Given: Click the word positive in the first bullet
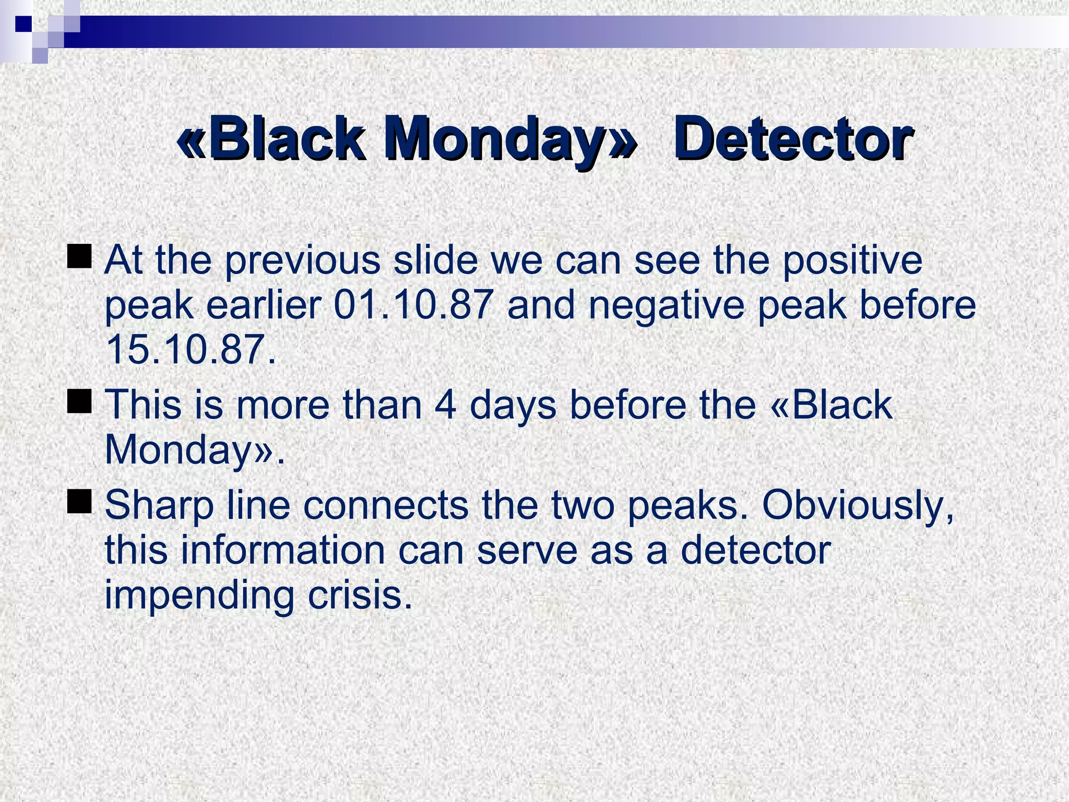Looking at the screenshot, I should coord(852,261).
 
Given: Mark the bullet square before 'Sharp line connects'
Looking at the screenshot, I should coord(80,501).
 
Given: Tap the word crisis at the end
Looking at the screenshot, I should coord(360,595).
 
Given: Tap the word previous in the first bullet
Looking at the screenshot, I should coord(303,261).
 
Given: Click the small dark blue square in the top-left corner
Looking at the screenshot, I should coord(23,24).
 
